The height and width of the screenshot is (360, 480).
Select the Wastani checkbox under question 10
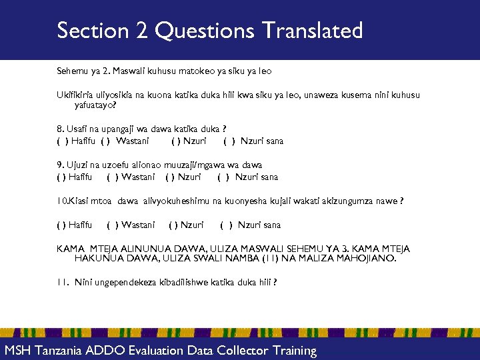[113, 225]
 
